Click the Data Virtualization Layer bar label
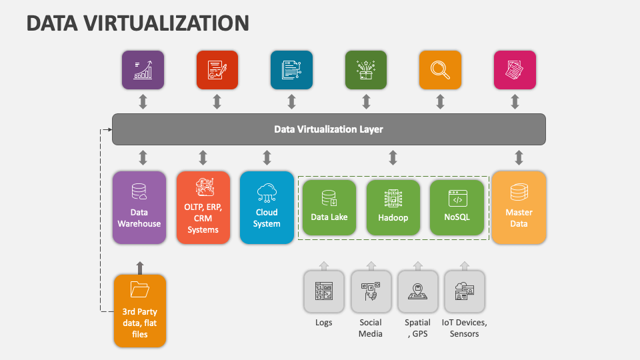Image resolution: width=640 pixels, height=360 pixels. pyautogui.click(x=329, y=129)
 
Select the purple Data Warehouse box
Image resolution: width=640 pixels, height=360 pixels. pyautogui.click(x=139, y=207)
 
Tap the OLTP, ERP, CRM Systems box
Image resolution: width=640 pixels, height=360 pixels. pyautogui.click(x=203, y=207)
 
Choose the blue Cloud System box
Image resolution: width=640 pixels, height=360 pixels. pyautogui.click(x=267, y=207)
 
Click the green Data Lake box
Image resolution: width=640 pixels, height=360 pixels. pyautogui.click(x=329, y=207)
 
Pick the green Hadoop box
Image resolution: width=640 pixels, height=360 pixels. pyautogui.click(x=393, y=207)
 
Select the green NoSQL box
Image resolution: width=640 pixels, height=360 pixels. pyautogui.click(x=457, y=207)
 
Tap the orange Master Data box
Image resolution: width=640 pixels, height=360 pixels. pyautogui.click(x=519, y=207)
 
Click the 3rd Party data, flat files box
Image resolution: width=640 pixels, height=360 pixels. pyautogui.click(x=139, y=311)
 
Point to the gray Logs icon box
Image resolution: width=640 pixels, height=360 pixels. pyautogui.click(x=324, y=291)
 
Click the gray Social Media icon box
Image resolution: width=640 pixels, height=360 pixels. pyautogui.click(x=371, y=291)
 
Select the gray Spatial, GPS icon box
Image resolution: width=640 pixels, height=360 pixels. pyautogui.click(x=417, y=291)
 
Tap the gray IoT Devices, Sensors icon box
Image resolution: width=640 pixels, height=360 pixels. pyautogui.click(x=464, y=291)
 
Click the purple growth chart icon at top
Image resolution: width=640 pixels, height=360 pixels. pyautogui.click(x=143, y=70)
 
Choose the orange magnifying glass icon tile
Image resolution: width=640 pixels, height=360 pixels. pyautogui.click(x=440, y=70)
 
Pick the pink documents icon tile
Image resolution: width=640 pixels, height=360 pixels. pyautogui.click(x=515, y=70)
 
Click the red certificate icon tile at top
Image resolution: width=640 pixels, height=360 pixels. pyautogui.click(x=217, y=70)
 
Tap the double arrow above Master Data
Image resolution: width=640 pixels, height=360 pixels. pyautogui.click(x=519, y=158)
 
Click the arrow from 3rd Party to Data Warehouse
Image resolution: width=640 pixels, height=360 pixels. pyautogui.click(x=139, y=267)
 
